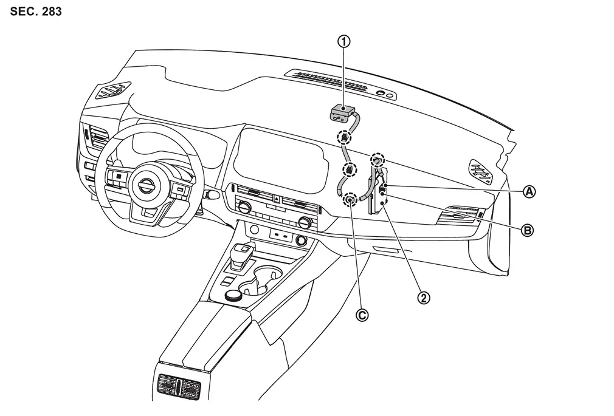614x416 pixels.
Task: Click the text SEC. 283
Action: point(36,12)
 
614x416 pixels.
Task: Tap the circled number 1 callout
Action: point(345,42)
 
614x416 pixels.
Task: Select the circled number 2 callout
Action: point(424,298)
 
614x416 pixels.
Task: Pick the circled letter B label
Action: point(528,230)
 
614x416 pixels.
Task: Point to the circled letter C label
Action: point(362,315)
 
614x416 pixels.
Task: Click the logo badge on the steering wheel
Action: point(147,186)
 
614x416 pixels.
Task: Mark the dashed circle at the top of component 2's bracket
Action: point(378,160)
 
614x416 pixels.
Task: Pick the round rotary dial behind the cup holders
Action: point(233,296)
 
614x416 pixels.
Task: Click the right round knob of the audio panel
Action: point(305,223)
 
